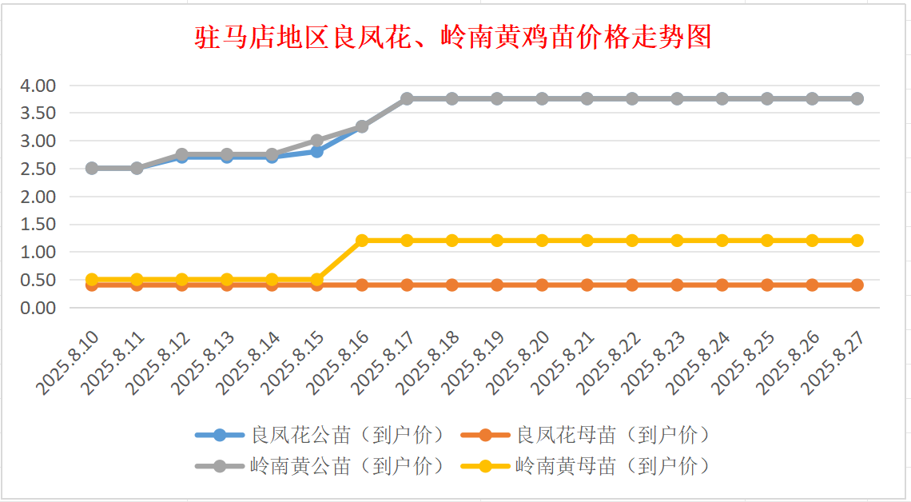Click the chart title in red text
[453, 37]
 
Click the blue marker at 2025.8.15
[316, 151]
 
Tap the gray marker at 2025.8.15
[316, 141]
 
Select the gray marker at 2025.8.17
[407, 98]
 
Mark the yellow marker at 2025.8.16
[362, 241]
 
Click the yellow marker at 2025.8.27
[857, 241]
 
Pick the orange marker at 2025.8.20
[542, 285]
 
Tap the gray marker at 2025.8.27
[857, 98]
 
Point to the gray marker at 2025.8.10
[92, 168]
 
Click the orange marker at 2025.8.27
[857, 285]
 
